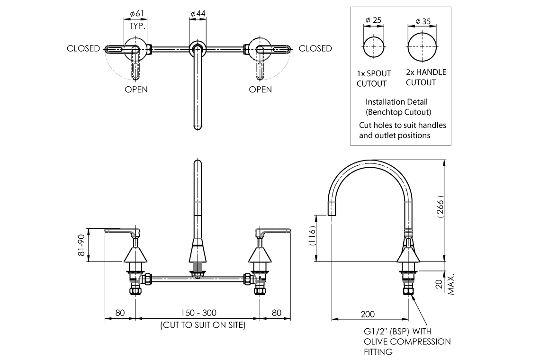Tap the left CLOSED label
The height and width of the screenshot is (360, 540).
point(83,48)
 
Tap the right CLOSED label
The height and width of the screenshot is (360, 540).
point(315,48)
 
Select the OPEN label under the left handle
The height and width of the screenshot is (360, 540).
point(136,90)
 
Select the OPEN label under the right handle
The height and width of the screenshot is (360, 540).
point(260,90)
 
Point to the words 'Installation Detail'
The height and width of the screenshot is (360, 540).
point(396,102)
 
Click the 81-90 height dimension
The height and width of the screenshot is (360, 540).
point(81,244)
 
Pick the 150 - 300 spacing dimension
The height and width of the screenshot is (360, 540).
point(199,313)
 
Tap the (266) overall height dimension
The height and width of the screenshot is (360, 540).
point(440,207)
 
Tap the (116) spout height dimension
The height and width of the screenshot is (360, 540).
point(313,235)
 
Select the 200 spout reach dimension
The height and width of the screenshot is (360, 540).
point(368,314)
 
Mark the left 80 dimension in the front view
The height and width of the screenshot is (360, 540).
point(120,313)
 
